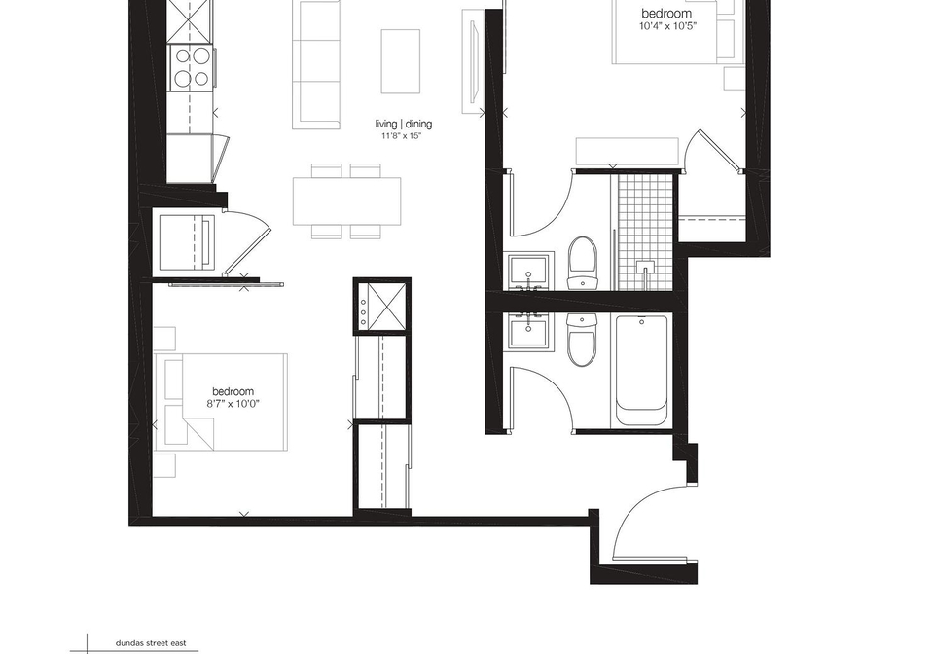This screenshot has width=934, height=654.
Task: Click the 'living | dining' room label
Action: click(x=403, y=124)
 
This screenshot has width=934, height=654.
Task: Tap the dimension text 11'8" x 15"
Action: click(x=402, y=136)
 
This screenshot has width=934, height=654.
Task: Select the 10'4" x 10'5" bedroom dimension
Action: click(x=666, y=26)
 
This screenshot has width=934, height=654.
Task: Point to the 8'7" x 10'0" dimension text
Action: click(x=233, y=404)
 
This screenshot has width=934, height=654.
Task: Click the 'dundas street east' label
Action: click(x=151, y=643)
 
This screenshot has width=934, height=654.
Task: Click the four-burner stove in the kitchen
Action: click(x=191, y=67)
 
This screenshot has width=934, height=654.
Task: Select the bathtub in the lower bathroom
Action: click(x=641, y=370)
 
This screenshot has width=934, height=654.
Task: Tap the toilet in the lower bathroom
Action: click(x=582, y=340)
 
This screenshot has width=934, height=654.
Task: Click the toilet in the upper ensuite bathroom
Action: click(x=582, y=263)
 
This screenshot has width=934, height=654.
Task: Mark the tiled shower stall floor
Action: click(x=645, y=233)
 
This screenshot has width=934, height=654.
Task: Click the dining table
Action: click(x=346, y=200)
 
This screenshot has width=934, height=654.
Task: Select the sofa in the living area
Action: click(x=315, y=64)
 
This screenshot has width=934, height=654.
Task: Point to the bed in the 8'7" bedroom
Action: click(x=221, y=402)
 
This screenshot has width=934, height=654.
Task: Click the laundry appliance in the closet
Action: click(x=187, y=241)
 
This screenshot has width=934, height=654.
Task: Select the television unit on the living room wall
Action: click(x=474, y=61)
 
